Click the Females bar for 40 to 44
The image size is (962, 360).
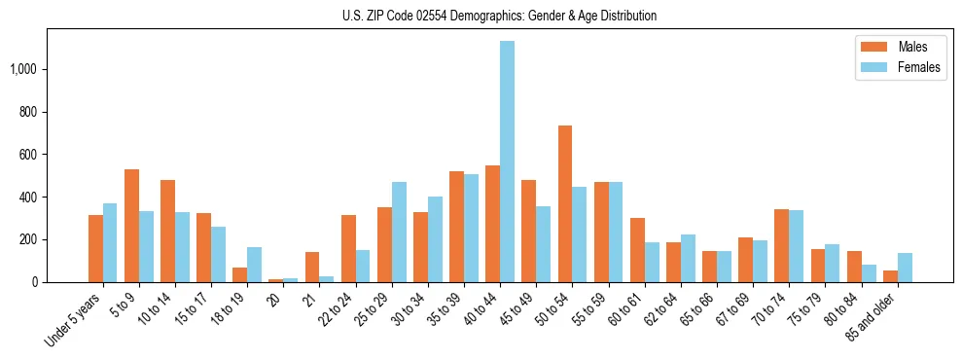[x=507, y=162]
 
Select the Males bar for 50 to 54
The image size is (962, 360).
[x=565, y=204]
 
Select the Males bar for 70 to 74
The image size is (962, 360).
[x=781, y=246]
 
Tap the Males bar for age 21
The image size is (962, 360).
[x=312, y=268]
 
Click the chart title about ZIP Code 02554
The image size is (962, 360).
[x=499, y=16]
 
